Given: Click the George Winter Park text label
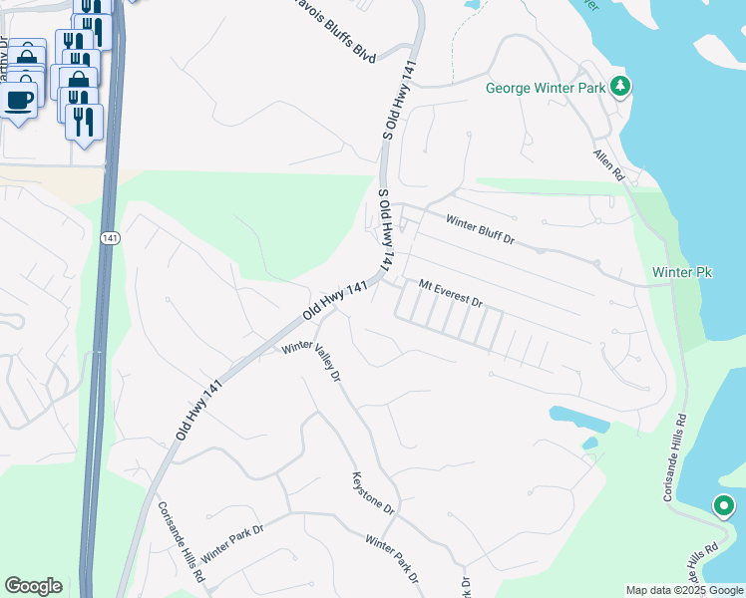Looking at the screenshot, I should coord(546,88).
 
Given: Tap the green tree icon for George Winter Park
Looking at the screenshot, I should coord(621,87).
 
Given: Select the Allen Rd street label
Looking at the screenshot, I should coord(607,164).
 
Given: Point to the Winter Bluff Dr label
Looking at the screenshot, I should coord(480,230).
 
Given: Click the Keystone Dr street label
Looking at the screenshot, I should coord(374,493).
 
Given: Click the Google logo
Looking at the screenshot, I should coord(33,586).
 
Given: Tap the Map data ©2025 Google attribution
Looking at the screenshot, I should coord(684,590).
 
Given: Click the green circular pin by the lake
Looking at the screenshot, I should coord(724,507).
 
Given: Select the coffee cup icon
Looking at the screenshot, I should coord(19,99).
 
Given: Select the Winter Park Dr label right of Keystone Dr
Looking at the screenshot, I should coord(391,560).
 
